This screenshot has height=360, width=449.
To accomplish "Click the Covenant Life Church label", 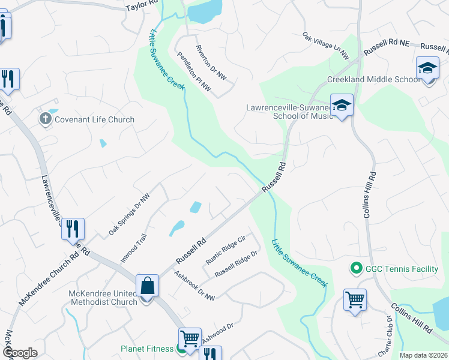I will click(x=94, y=119).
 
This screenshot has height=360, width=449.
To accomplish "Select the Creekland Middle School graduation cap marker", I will click(x=427, y=69).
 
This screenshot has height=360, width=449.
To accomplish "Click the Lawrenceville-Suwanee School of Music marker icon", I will click(x=342, y=106).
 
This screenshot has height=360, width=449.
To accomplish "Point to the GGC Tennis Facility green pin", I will click(x=355, y=269).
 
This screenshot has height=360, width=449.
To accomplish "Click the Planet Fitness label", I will click(x=147, y=348).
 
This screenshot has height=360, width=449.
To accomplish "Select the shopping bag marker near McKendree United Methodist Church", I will click(x=147, y=286).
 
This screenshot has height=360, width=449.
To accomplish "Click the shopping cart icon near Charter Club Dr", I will click(x=355, y=299).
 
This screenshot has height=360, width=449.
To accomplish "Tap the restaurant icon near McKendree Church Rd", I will click(x=73, y=229).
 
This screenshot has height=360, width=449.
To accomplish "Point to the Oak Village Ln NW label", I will click(x=326, y=46).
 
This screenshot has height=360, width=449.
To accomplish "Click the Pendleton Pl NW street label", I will click(x=194, y=71).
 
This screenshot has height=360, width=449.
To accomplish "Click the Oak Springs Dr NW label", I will click(x=128, y=215).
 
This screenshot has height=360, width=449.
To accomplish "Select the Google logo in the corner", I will click(x=20, y=353).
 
